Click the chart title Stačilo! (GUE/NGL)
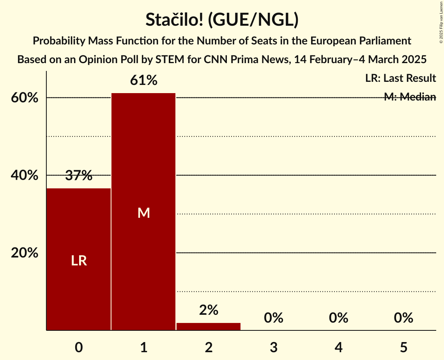pyautogui.click(x=222, y=20)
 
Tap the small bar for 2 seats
pyautogui.click(x=209, y=326)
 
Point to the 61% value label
pyautogui.click(x=143, y=81)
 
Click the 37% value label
pyautogui.click(x=79, y=176)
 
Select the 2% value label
pyautogui.click(x=209, y=310)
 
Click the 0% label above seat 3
pyautogui.click(x=273, y=318)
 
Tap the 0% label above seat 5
pyautogui.click(x=403, y=318)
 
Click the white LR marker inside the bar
pyautogui.click(x=79, y=261)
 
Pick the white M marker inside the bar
pyautogui.click(x=143, y=213)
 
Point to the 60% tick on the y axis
pyautogui.click(x=25, y=98)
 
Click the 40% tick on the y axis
pyautogui.click(x=25, y=175)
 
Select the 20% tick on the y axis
pyautogui.click(x=25, y=253)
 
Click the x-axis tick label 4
pyautogui.click(x=338, y=347)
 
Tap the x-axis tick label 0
pyautogui.click(x=79, y=347)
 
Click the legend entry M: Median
pyautogui.click(x=410, y=97)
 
